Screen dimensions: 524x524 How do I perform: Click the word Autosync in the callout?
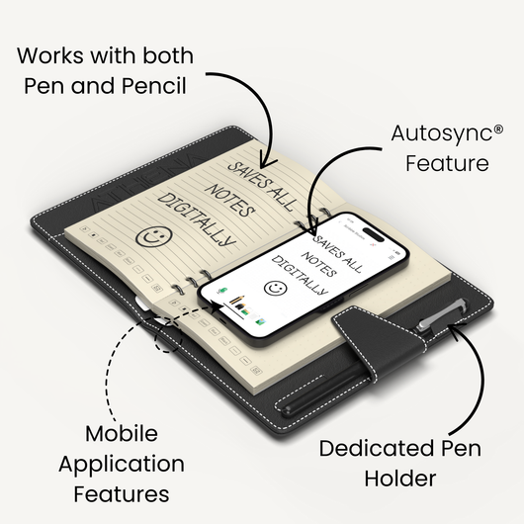(442, 134)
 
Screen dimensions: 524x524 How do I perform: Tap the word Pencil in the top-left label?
(153, 86)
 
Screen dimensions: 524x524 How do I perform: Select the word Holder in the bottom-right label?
(400, 479)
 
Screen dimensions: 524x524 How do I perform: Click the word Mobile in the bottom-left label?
(122, 433)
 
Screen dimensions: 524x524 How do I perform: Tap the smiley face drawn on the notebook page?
(154, 236)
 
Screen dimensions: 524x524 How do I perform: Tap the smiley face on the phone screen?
(276, 288)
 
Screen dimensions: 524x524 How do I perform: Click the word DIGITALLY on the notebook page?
(197, 219)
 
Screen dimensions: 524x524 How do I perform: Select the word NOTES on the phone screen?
(318, 264)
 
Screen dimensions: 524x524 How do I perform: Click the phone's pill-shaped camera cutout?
(374, 234)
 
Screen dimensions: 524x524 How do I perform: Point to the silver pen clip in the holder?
(442, 312)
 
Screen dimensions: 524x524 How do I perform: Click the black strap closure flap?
(379, 340)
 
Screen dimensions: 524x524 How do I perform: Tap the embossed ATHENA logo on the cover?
(146, 182)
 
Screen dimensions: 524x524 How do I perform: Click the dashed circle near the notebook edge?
(168, 337)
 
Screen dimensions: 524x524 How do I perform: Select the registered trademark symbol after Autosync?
(498, 130)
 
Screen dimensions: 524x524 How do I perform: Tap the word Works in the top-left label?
(49, 55)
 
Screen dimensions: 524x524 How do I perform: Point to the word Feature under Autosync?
(447, 163)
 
